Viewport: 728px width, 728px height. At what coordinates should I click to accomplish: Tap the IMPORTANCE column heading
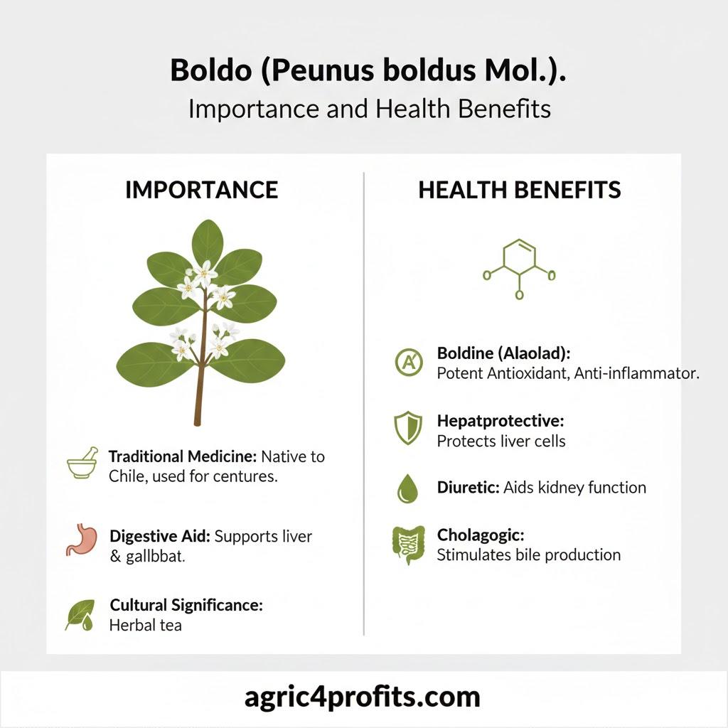(201, 190)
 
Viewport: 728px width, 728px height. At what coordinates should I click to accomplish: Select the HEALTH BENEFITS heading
(520, 190)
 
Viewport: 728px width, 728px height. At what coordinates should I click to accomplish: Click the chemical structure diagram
(520, 267)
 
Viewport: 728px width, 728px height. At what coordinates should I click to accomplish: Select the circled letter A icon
(408, 363)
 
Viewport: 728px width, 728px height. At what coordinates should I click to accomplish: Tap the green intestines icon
(407, 545)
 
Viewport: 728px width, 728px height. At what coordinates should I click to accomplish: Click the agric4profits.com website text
(363, 697)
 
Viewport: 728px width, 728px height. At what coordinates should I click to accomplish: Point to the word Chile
(127, 476)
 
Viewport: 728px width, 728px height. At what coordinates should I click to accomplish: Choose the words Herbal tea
(146, 626)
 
